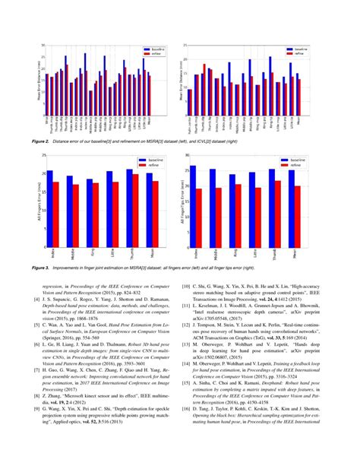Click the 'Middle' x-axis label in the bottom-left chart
tap(71, 256)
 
